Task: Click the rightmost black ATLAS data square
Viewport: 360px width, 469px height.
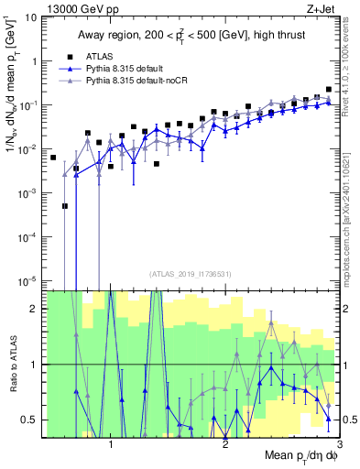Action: [x=328, y=90]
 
